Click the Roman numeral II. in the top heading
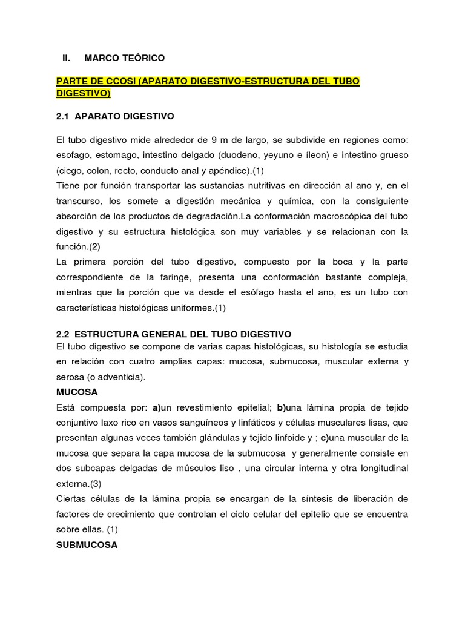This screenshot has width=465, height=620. pos(67,58)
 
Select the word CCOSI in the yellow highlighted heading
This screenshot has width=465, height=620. pos(116,81)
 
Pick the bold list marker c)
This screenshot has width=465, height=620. pos(326,439)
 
